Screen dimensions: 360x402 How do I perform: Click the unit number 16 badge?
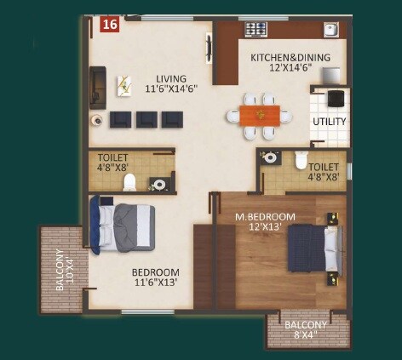[x=109, y=25]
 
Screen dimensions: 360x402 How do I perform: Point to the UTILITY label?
[x=329, y=121]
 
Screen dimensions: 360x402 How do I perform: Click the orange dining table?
[x=259, y=115]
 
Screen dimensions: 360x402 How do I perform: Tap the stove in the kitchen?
[x=256, y=30]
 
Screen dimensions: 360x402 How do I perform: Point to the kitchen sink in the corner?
[x=330, y=31]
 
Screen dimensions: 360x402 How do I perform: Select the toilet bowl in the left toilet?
[x=129, y=181]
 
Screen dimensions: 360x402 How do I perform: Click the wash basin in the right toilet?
[x=271, y=157]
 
